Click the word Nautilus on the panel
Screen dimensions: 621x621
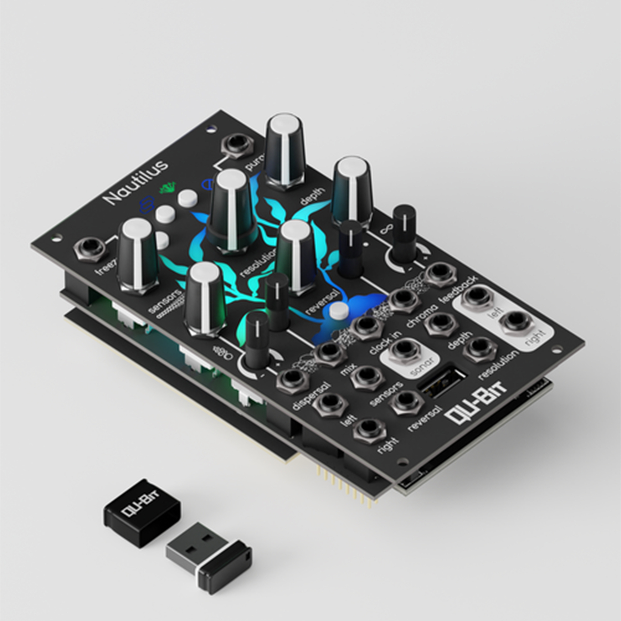(136, 182)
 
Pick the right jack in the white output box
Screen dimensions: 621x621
(515, 322)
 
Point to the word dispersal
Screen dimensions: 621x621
(310, 396)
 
